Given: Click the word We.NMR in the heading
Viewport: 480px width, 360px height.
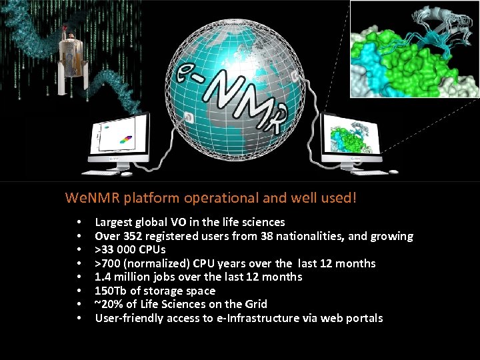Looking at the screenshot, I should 89,198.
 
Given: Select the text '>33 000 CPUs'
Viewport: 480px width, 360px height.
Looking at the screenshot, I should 130,250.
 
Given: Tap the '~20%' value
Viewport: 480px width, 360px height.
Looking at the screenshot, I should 108,304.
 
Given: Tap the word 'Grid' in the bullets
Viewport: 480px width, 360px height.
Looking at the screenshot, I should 273,304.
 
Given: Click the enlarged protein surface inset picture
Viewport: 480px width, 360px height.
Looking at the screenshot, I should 413,49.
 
